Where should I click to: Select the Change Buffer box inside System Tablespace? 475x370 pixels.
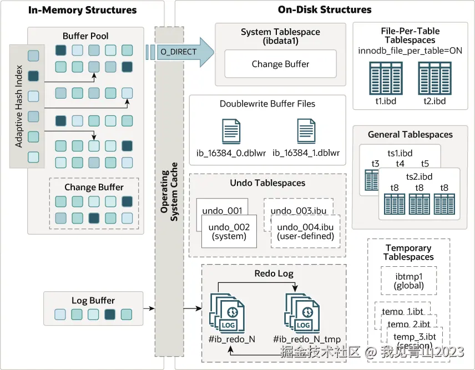(x=281, y=64)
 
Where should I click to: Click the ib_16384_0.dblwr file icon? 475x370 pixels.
(x=231, y=132)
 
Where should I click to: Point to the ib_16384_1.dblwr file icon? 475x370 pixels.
(x=306, y=132)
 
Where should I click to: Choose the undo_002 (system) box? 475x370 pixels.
(x=229, y=231)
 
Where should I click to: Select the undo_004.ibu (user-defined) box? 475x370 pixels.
(x=305, y=231)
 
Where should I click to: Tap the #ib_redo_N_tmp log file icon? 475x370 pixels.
(x=303, y=313)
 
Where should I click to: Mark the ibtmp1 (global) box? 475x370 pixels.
(x=409, y=281)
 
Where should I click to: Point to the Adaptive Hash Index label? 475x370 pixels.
(x=19, y=105)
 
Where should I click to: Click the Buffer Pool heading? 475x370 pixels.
(x=85, y=36)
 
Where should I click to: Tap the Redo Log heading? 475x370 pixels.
(x=274, y=273)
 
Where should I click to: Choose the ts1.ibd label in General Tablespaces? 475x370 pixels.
(x=400, y=153)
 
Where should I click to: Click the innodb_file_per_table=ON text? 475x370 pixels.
(x=410, y=51)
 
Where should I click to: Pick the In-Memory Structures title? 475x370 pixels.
(x=82, y=10)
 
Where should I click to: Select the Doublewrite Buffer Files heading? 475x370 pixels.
(x=267, y=104)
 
